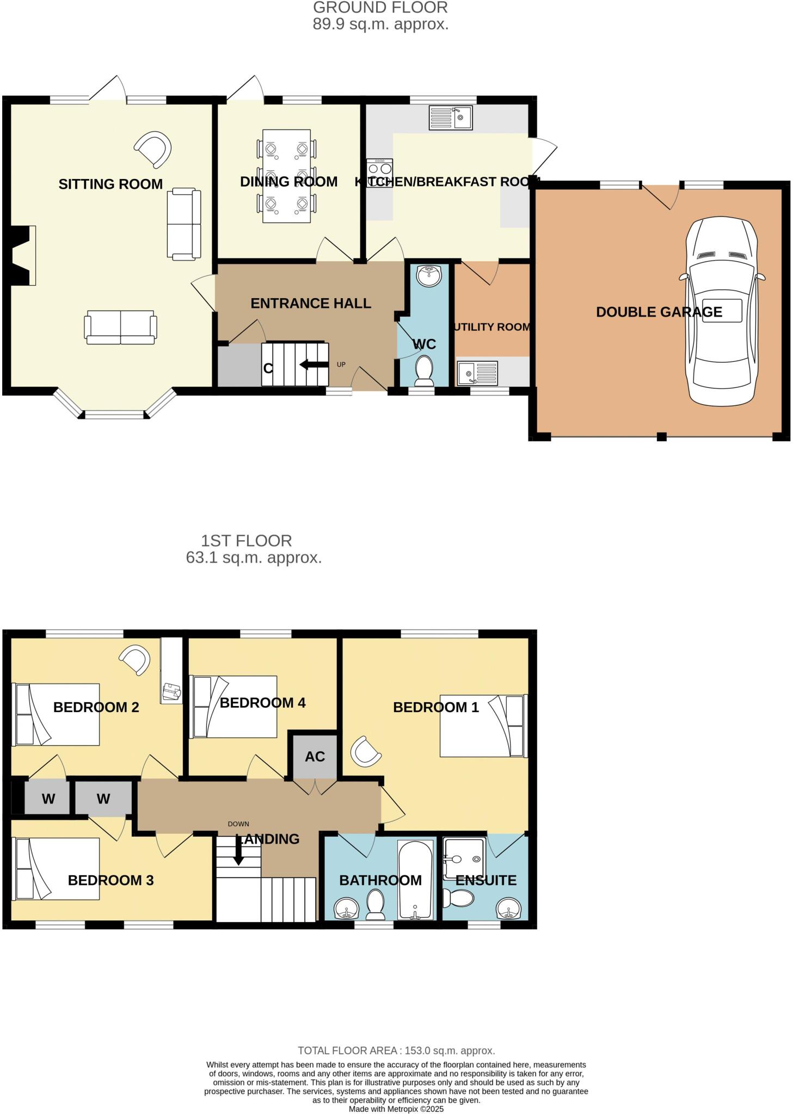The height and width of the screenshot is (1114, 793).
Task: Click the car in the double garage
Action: click(x=722, y=311)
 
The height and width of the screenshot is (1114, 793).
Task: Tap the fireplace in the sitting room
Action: click(x=23, y=255)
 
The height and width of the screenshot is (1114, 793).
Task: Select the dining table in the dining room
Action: click(x=286, y=176)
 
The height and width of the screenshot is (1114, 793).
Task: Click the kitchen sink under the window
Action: click(x=450, y=117)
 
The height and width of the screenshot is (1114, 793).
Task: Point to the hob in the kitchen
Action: click(x=379, y=173)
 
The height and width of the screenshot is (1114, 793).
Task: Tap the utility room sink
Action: click(x=477, y=373)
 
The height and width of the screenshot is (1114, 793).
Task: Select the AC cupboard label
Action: click(x=315, y=756)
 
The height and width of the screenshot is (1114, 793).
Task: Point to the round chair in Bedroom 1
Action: click(x=365, y=752)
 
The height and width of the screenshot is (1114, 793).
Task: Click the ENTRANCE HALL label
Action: click(x=311, y=303)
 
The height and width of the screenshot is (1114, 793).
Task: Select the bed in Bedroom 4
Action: click(x=234, y=707)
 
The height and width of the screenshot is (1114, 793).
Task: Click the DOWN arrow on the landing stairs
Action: click(x=238, y=850)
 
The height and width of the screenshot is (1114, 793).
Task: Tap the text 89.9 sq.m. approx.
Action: click(x=380, y=24)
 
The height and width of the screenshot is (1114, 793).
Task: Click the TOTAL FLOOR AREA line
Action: click(x=396, y=1050)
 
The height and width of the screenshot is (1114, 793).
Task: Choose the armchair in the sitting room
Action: click(x=153, y=148)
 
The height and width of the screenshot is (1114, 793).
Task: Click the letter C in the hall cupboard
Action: click(x=268, y=368)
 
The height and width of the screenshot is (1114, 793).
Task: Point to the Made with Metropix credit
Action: click(x=396, y=1109)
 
